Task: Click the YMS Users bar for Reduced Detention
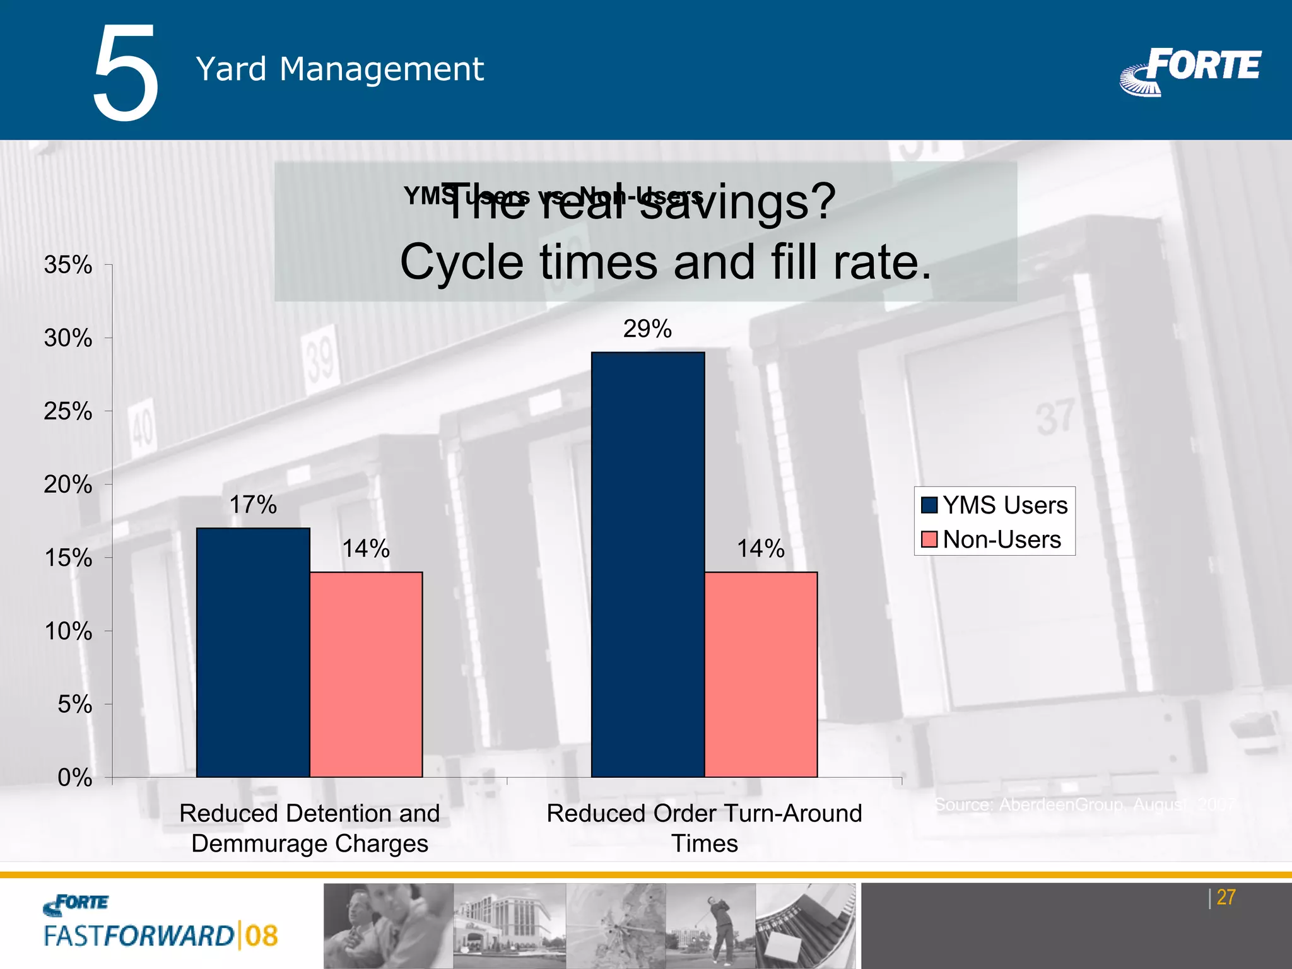coord(253,652)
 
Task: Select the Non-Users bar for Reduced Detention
coord(366,674)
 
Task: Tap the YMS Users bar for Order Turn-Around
coord(647,564)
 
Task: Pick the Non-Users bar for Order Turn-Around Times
coord(761,674)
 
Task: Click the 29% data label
coord(647,329)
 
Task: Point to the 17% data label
coord(253,505)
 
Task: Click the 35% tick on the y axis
coord(68,265)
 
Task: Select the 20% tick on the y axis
coord(68,484)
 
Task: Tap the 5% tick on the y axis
coord(74,704)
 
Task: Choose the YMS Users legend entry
coord(995,505)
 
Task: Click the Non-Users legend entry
coord(992,539)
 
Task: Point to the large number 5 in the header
coord(126,73)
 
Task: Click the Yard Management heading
coord(339,69)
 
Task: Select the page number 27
coord(1226,897)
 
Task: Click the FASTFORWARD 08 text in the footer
coord(161,936)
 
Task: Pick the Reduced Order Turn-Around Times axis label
coord(704,828)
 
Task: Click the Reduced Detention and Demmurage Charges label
coord(310,828)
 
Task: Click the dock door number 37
coord(1055,417)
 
